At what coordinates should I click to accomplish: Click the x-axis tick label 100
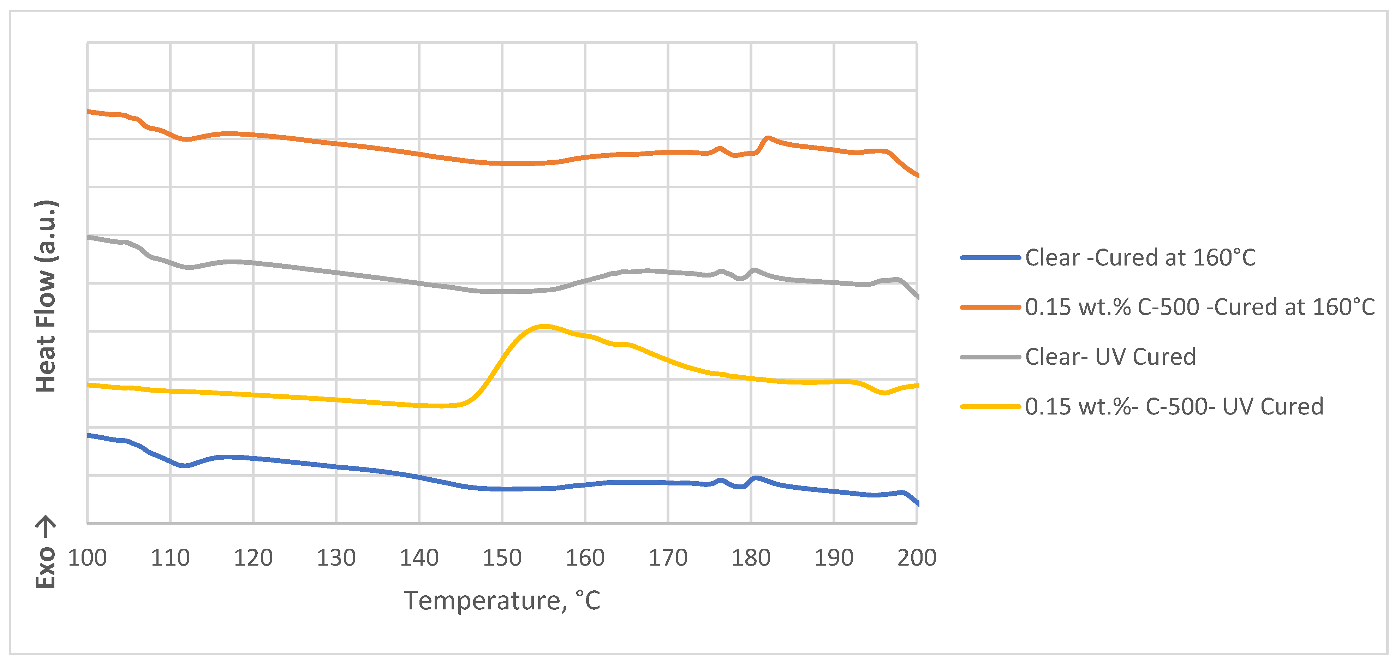pos(87,557)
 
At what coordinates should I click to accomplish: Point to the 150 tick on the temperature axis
pos(502,557)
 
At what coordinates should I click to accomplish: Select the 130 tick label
pos(336,557)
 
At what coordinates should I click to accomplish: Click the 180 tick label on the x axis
pos(751,557)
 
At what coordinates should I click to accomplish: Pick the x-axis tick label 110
pos(170,557)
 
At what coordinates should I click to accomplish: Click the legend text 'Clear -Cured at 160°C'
pos(1140,257)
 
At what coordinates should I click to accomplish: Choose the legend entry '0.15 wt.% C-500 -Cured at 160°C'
pos(1199,307)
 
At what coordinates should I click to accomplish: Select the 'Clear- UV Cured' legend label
pos(1110,357)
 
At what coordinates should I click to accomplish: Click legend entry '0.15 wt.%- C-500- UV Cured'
pos(1174,406)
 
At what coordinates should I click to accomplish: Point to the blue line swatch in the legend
pos(990,258)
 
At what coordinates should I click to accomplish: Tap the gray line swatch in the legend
pos(990,357)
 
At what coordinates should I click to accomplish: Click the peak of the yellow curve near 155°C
pos(544,326)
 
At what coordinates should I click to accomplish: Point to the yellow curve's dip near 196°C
pos(884,393)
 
